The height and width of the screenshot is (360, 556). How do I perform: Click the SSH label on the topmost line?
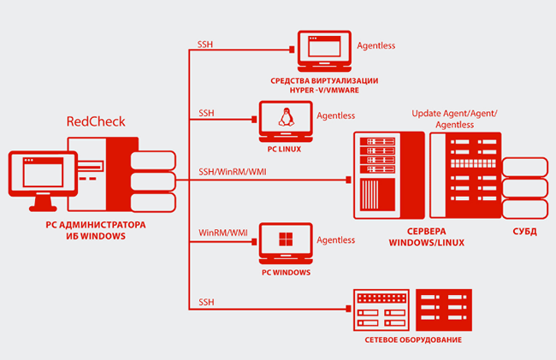pyautogui.click(x=206, y=44)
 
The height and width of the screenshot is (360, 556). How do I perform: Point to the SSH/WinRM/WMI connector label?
pyautogui.click(x=231, y=172)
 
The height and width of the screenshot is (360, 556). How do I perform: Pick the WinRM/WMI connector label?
pyautogui.click(x=223, y=232)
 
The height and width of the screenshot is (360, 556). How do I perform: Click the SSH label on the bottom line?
pyautogui.click(x=206, y=302)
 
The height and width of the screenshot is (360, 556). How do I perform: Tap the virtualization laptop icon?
pyautogui.click(x=323, y=51)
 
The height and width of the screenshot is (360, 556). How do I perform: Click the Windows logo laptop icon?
pyautogui.click(x=286, y=244)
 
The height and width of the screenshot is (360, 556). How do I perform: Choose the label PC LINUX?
pyautogui.click(x=287, y=150)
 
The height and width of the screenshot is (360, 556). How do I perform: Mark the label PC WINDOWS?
pyautogui.click(x=286, y=273)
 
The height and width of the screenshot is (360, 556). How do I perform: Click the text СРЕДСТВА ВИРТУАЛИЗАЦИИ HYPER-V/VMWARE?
pyautogui.click(x=324, y=85)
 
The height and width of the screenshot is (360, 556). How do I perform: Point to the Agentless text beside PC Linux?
pyautogui.click(x=336, y=115)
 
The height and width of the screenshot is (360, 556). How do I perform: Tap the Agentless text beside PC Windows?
pyautogui.click(x=335, y=240)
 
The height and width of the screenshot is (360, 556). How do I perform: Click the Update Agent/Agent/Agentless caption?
pyautogui.click(x=453, y=119)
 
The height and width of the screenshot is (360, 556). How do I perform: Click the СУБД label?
pyautogui.click(x=523, y=231)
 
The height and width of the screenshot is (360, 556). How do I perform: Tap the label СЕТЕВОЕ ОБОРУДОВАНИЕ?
pyautogui.click(x=411, y=340)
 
